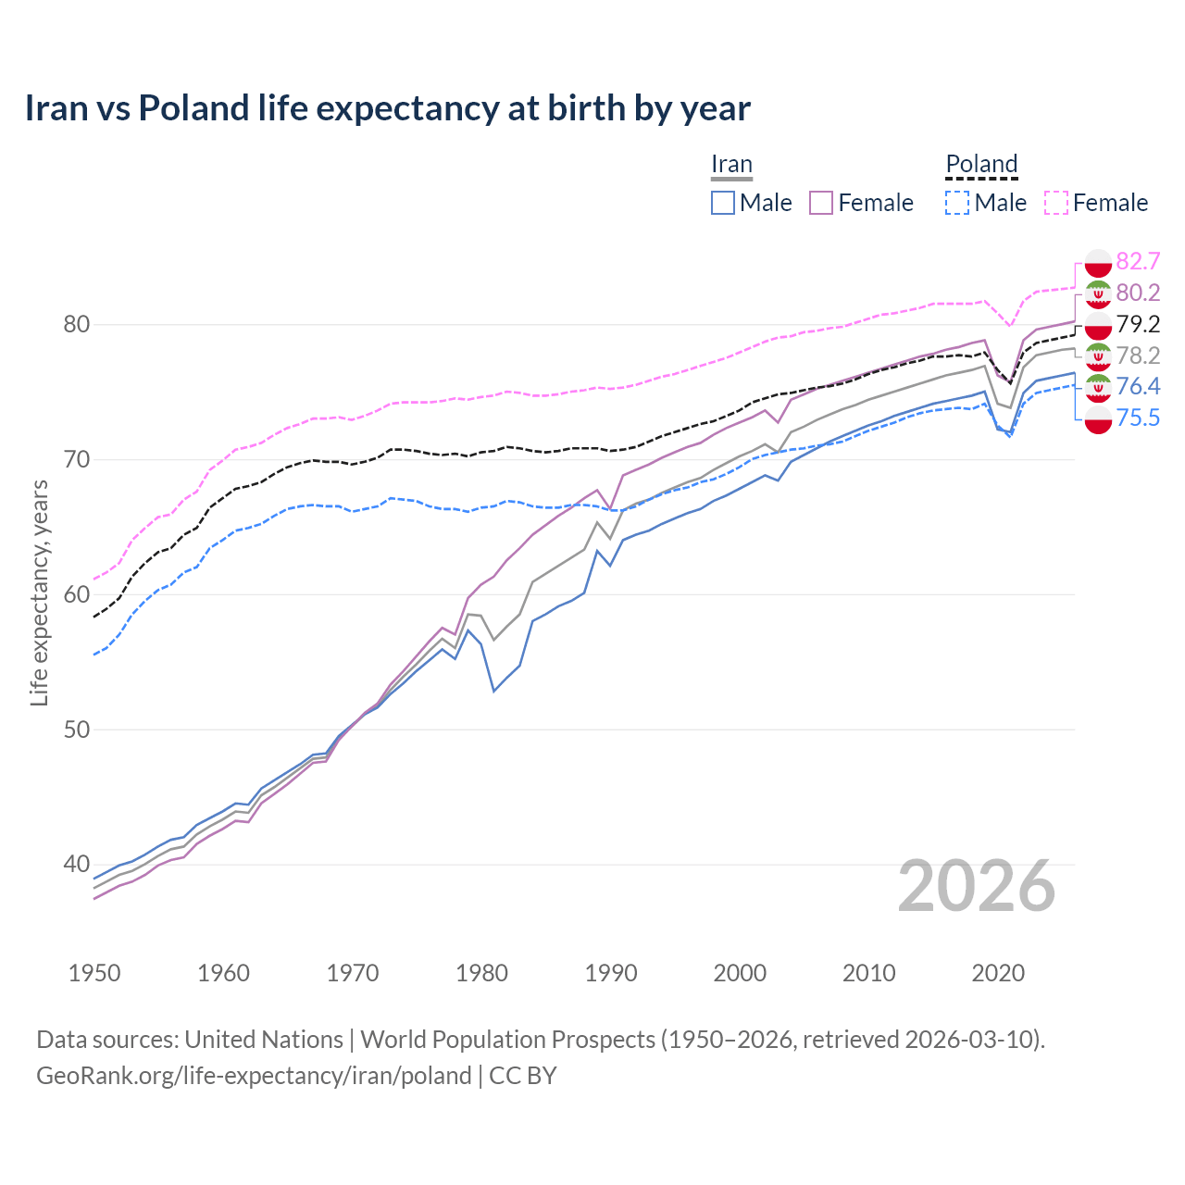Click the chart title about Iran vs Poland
click(387, 108)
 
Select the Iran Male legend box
click(723, 203)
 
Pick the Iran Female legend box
click(821, 203)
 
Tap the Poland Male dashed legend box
click(957, 203)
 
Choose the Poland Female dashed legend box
click(1056, 203)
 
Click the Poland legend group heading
click(981, 164)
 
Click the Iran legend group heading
click(731, 164)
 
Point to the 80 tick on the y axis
click(76, 325)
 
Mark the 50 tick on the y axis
click(76, 730)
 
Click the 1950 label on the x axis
click(94, 973)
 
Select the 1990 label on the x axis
click(611, 973)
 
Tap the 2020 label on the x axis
click(998, 973)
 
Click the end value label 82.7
click(1138, 261)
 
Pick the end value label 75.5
click(1138, 418)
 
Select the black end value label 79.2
click(1138, 324)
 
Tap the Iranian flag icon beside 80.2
click(1098, 293)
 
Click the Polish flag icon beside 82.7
click(1098, 262)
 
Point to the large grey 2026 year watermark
click(977, 887)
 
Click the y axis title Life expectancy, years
click(40, 592)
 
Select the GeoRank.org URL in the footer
click(254, 1076)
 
